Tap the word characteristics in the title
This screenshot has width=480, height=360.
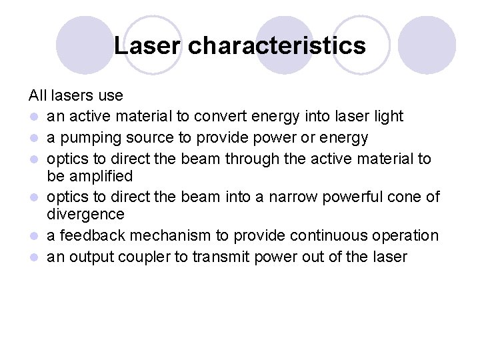[277, 46]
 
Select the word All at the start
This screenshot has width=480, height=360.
[37, 97]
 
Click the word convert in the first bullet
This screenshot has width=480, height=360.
[219, 117]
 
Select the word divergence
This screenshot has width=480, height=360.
[85, 214]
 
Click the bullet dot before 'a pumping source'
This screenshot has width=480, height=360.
[33, 138]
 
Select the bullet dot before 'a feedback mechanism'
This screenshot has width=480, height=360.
[33, 236]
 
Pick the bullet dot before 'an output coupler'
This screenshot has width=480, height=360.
[33, 257]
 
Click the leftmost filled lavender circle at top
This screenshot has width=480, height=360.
[85, 45]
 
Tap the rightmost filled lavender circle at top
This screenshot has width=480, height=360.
[427, 45]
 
